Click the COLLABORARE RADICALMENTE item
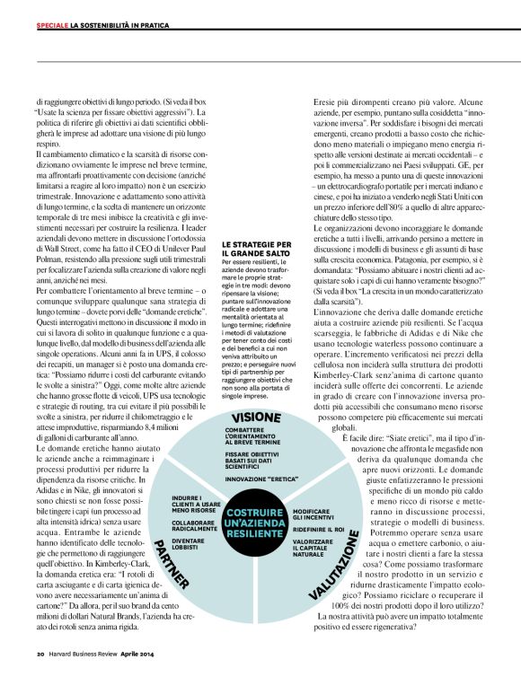click(192, 525)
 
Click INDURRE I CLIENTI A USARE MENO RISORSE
click(197, 504)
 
